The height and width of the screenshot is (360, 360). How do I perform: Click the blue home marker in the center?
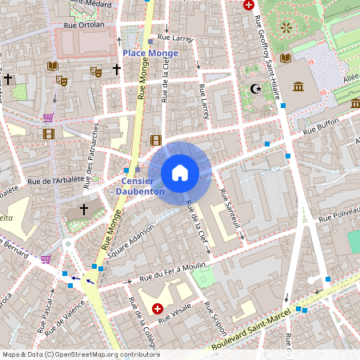[x=180, y=173]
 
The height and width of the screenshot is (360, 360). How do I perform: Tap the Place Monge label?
[x=150, y=52]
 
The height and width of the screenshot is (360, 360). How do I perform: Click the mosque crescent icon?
[x=256, y=88]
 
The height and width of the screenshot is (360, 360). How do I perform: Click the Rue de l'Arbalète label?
[x=56, y=182]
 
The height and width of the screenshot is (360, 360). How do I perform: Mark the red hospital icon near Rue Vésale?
[x=157, y=308]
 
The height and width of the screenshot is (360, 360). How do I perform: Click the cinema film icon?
[x=48, y=133]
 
